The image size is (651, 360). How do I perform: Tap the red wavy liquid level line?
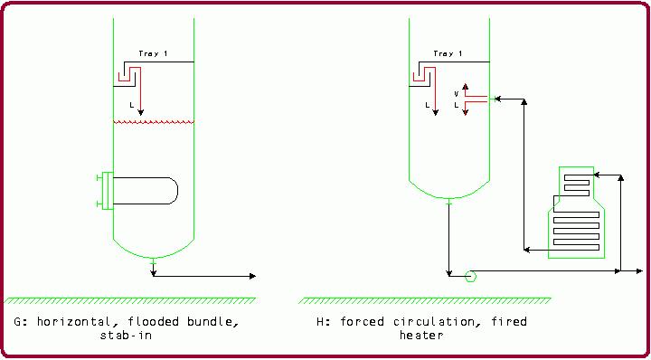[154, 122]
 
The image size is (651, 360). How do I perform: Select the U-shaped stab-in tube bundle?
[145, 190]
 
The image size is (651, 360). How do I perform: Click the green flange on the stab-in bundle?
[108, 190]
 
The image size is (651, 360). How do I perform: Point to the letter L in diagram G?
[132, 105]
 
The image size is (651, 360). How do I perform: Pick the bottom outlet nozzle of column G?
[154, 262]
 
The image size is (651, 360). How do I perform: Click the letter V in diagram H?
[456, 93]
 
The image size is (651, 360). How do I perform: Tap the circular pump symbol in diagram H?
[469, 276]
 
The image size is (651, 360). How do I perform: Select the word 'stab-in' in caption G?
[125, 335]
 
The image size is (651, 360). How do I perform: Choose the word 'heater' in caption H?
[420, 335]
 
